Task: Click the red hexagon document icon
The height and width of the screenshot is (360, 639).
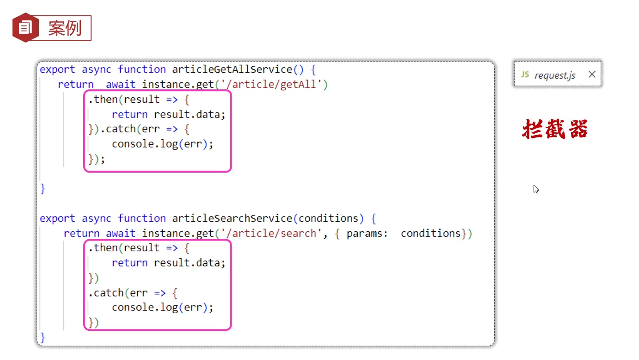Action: click(x=25, y=28)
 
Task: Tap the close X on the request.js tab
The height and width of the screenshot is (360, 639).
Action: click(x=592, y=74)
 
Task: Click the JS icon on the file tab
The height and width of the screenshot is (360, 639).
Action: click(x=525, y=74)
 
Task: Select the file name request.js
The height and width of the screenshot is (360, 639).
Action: click(x=555, y=75)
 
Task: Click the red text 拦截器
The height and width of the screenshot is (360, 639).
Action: click(x=555, y=129)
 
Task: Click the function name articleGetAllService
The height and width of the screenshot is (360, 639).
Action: click(x=232, y=70)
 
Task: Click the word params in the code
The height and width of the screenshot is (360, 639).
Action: click(x=364, y=233)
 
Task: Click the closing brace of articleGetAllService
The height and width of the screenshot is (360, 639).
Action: click(x=43, y=188)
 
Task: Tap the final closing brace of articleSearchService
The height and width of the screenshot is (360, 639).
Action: click(x=43, y=337)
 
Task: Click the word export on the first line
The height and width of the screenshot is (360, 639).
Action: click(x=57, y=70)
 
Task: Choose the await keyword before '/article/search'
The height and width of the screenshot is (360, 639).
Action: click(x=121, y=233)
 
